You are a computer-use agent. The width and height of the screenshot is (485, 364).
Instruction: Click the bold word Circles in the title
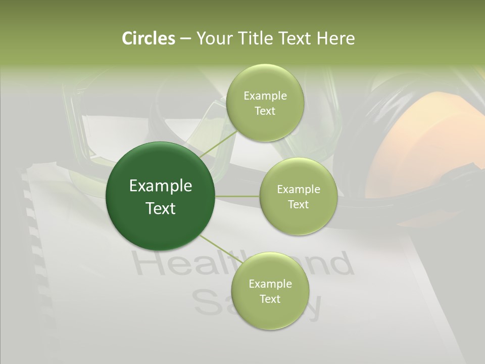click(148, 38)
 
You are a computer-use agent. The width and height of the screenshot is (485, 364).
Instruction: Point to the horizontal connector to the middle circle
click(237, 196)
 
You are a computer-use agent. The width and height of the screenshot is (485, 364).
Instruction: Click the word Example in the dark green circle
click(161, 186)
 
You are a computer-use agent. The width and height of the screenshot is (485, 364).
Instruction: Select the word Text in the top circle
click(265, 111)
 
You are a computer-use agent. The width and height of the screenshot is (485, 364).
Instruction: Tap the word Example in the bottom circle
click(270, 284)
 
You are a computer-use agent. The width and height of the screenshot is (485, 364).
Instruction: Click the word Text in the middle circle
click(298, 204)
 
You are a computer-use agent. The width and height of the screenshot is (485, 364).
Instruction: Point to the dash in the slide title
click(185, 39)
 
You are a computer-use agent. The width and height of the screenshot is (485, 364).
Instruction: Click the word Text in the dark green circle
click(161, 208)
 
